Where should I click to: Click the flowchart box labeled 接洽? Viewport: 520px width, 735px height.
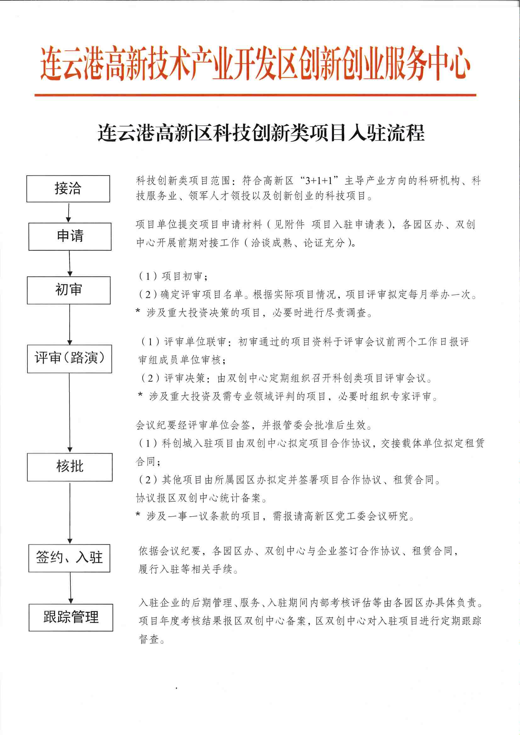point(68,188)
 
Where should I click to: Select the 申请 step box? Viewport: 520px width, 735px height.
point(70,236)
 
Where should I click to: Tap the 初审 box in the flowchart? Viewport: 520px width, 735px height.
point(69,290)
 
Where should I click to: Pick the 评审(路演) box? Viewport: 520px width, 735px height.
point(70,359)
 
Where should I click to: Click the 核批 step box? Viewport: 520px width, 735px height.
point(70,467)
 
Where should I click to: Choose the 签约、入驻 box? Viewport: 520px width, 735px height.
point(69,558)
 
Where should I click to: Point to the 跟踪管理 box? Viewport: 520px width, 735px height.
point(71,617)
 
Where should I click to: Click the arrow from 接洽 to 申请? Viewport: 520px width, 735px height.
point(69,212)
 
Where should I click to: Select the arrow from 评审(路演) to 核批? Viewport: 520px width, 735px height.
point(70,413)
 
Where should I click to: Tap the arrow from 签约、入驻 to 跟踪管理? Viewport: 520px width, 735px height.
point(71,588)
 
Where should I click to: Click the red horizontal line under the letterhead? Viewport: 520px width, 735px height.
point(255,95)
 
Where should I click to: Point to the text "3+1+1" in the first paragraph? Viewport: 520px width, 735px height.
point(319,181)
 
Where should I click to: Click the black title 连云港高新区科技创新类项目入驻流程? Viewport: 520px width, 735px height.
point(261,132)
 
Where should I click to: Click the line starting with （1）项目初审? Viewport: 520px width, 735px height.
point(173,276)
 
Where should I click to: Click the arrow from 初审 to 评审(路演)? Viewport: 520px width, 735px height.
point(70,324)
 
